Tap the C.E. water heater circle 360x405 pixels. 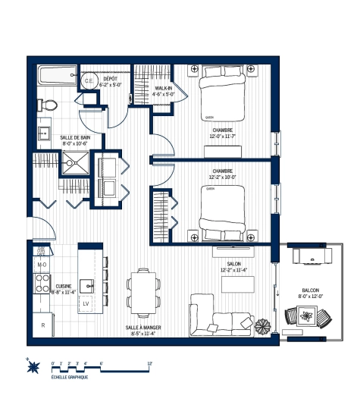click(88, 81)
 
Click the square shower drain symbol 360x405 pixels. click(75, 161)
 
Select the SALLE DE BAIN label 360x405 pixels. click(75, 140)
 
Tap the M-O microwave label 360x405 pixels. click(42, 264)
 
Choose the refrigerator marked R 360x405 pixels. click(42, 325)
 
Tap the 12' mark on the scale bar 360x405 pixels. click(150, 364)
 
